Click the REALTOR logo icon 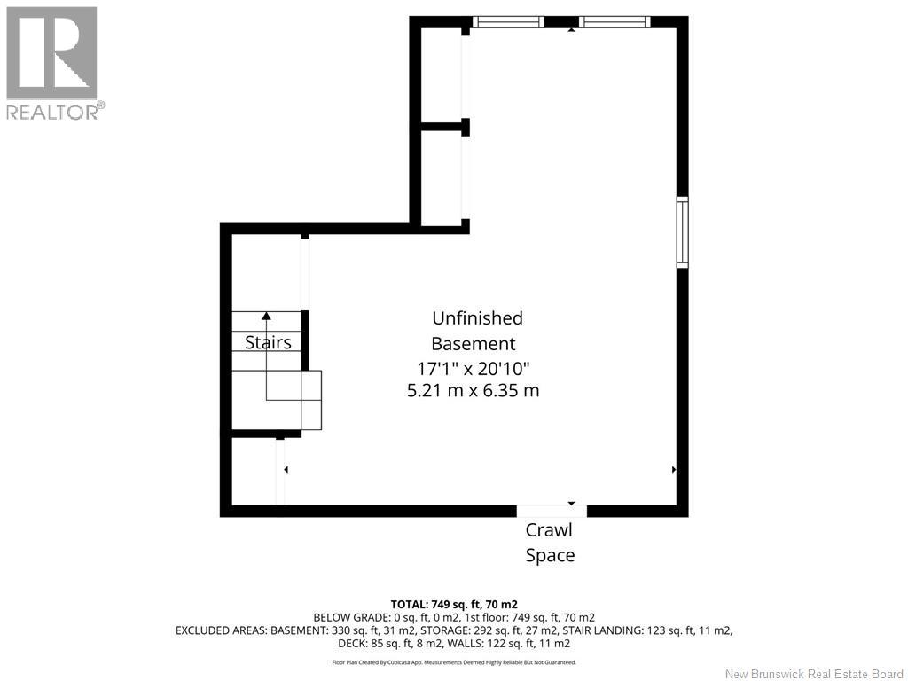(51, 53)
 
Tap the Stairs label (268, 342)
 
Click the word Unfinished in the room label (478, 318)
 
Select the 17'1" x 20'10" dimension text (474, 368)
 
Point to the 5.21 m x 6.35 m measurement (474, 390)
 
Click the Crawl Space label (550, 543)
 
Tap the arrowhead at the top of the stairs (266, 316)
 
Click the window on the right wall (683, 232)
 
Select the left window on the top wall (508, 22)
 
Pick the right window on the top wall (615, 22)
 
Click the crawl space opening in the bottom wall (552, 511)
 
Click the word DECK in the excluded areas (351, 644)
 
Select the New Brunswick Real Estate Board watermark (814, 674)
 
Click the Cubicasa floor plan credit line (454, 662)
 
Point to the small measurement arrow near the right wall (674, 470)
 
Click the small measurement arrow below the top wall (572, 29)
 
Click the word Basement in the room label (474, 344)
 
